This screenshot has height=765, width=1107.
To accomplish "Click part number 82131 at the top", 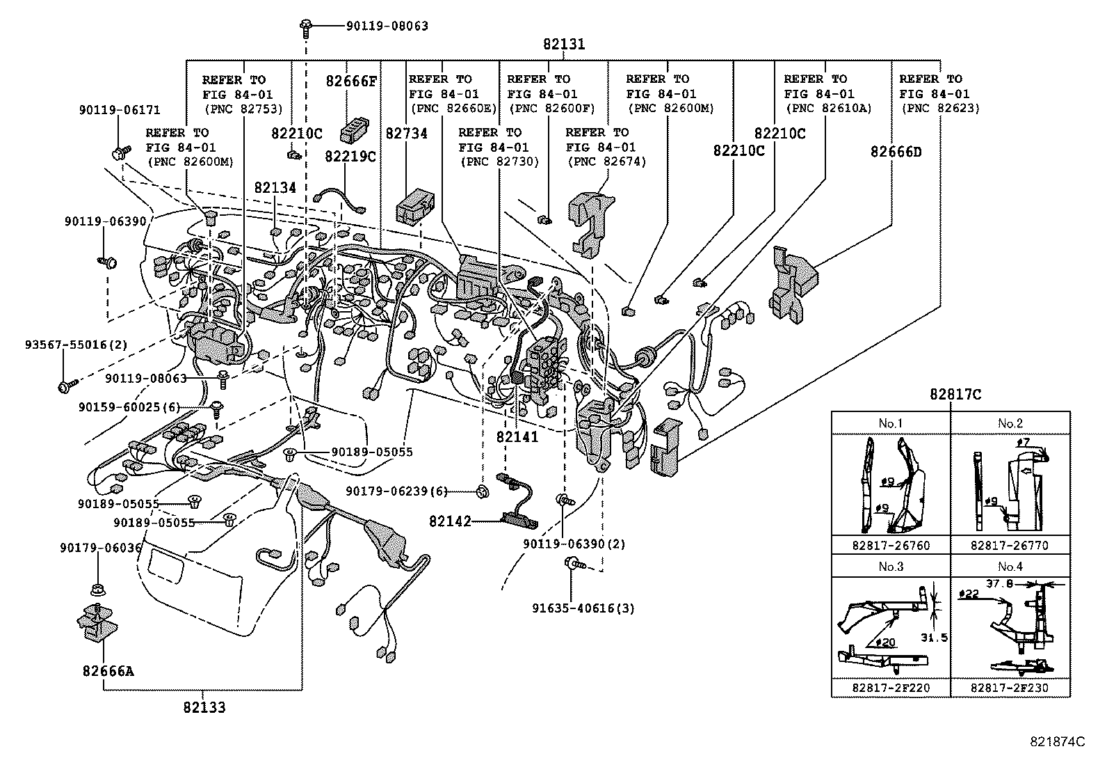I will point(564,44).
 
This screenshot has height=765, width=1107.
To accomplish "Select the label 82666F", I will point(351,81).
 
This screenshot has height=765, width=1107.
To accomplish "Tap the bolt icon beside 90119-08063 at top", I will point(306,26).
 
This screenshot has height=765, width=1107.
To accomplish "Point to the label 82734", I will point(407,133).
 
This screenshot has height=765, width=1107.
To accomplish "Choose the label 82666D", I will point(896,152).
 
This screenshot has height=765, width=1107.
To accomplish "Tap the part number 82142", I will point(450,521).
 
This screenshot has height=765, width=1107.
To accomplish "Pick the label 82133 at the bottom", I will point(204,708).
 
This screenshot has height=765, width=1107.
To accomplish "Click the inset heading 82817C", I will point(955,395).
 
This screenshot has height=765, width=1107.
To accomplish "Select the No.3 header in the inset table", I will point(891,567).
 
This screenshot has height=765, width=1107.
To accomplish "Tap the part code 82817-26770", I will point(1010,546).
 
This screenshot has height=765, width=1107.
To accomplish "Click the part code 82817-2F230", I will point(1010,688).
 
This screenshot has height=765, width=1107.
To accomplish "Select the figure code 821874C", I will point(1058,741).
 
